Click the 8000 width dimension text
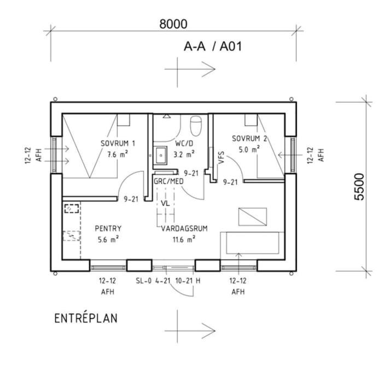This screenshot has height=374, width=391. tap(173, 24)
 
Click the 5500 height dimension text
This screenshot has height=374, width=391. tap(359, 187)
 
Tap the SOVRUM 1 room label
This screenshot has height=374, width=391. tap(118, 143)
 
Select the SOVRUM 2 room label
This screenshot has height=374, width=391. tap(249, 139)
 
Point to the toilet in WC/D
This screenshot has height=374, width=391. tap(196, 126)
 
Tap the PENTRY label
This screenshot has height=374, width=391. tap(108, 228)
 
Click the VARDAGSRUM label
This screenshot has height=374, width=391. tap(184, 228)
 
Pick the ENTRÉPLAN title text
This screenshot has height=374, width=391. tap(86, 318)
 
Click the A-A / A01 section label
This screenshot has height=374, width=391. tap(213, 47)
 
